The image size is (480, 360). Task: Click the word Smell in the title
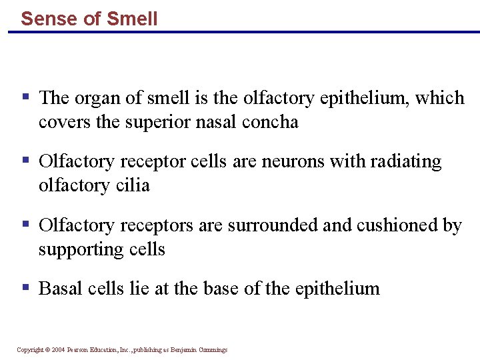[132, 18]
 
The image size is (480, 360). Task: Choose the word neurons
[285, 162]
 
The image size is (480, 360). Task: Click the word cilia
[132, 185]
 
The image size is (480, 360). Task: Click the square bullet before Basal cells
[25, 287]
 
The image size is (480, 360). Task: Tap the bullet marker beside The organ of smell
[25, 97]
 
